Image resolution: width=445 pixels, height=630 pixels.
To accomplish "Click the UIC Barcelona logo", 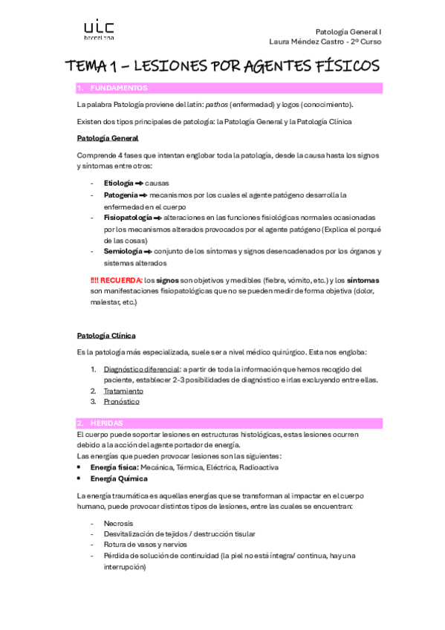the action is coord(98,30).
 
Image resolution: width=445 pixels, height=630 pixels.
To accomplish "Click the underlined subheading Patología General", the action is coord(107,138).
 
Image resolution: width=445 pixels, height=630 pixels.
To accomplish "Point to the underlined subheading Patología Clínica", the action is coord(106,336).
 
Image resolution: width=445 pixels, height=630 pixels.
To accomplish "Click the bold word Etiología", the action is coord(119,183).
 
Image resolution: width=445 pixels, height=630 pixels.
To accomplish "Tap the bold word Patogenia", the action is coord(120,195).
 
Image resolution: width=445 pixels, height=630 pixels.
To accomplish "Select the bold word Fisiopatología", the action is coord(128,218).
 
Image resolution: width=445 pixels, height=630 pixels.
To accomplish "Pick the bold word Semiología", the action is coord(123,251).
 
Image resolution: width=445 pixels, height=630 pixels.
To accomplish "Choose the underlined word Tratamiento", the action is coord(123,391).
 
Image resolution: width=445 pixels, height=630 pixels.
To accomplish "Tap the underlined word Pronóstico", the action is coord(121,402).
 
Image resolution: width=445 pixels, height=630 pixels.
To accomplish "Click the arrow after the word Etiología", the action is coord(139,183).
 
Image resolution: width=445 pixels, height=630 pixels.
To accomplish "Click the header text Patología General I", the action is coord(348,31).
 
